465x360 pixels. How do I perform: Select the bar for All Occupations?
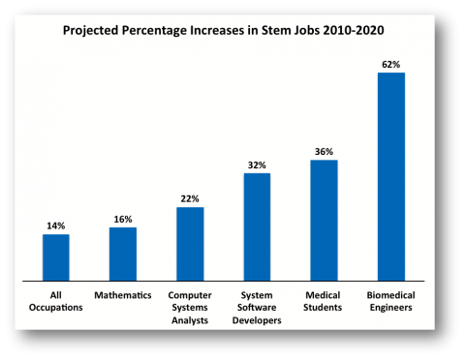pyautogui.click(x=55, y=256)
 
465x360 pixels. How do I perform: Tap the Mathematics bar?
pyautogui.click(x=123, y=254)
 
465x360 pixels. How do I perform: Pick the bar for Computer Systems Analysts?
pyautogui.click(x=190, y=243)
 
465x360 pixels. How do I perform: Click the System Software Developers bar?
pyautogui.click(x=257, y=226)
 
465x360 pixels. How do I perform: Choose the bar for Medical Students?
pyautogui.click(x=324, y=220)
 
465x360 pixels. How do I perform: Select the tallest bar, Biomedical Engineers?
pyautogui.click(x=390, y=176)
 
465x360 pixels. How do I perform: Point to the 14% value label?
pyautogui.click(x=55, y=226)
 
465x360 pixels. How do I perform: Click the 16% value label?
pyautogui.click(x=123, y=220)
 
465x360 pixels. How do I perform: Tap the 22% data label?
pyautogui.click(x=190, y=199)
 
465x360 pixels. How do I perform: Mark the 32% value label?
pyautogui.click(x=257, y=165)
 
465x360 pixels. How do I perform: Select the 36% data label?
pyautogui.click(x=324, y=152)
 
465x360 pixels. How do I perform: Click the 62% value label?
pyautogui.click(x=390, y=64)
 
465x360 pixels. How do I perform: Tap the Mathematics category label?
pyautogui.click(x=123, y=294)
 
